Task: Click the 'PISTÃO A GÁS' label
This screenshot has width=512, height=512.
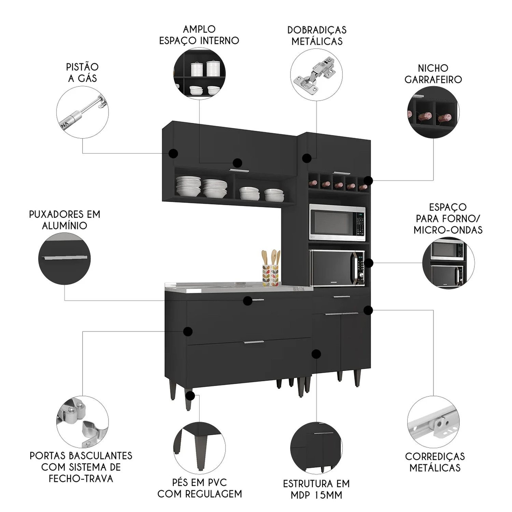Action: click(x=82, y=72)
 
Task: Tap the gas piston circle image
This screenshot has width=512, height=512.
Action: click(x=82, y=112)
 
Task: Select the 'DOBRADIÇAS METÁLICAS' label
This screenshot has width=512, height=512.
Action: click(x=317, y=35)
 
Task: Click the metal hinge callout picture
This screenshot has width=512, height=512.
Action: click(x=316, y=75)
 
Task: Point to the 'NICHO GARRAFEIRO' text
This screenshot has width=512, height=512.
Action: click(x=433, y=74)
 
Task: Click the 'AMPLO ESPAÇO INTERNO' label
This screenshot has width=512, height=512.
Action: click(x=199, y=35)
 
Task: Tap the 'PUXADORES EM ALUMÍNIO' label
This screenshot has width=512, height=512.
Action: click(x=65, y=220)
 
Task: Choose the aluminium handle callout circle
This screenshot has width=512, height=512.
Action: click(x=65, y=259)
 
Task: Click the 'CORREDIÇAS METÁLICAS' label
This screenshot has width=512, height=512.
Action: click(x=435, y=462)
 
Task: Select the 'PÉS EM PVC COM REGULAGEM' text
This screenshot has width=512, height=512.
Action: click(x=200, y=488)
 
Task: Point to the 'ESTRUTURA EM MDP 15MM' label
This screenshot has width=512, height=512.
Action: click(x=316, y=489)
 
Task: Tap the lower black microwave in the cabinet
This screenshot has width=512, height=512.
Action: click(x=337, y=268)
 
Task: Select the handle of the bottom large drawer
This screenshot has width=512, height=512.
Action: click(x=254, y=342)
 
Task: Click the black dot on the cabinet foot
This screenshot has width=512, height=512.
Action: click(x=190, y=396)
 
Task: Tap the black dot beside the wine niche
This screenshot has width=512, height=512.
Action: click(x=368, y=181)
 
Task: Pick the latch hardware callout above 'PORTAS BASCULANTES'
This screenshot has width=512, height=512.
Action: click(x=82, y=422)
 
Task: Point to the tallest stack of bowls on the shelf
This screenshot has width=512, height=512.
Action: click(x=215, y=188)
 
